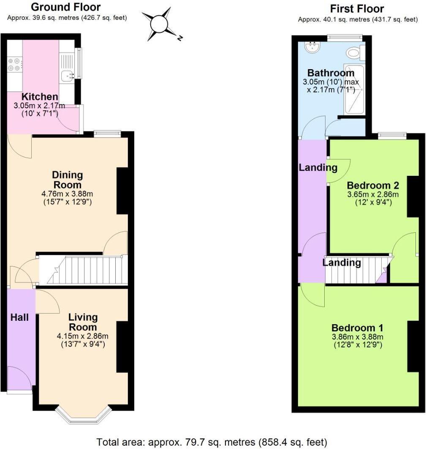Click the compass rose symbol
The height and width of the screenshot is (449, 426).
159,24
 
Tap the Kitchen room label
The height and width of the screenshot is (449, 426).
40,97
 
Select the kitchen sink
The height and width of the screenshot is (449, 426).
67,76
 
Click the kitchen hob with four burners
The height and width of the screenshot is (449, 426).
14,65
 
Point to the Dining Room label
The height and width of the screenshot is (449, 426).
67,180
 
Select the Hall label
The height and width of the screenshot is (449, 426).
19,317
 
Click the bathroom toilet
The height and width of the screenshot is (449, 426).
353,53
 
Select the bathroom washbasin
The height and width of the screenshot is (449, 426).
313,47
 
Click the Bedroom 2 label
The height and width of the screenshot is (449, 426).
373,186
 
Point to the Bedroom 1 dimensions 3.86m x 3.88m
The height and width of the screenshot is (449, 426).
357,337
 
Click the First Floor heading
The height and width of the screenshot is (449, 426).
357,8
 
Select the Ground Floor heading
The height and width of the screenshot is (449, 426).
66,7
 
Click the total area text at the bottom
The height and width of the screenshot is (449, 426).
212,442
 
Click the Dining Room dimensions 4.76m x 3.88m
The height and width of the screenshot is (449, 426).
68,194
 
